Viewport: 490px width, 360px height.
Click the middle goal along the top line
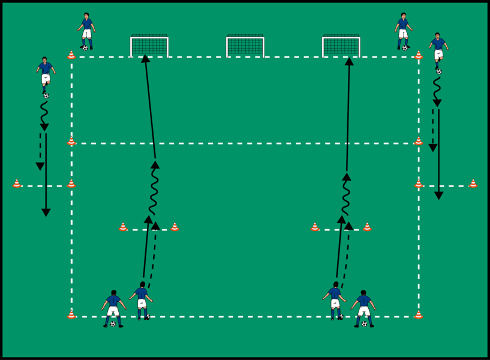pyautogui.click(x=245, y=47)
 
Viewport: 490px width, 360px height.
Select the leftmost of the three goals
pyautogui.click(x=149, y=47)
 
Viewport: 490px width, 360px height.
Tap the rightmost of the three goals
pyautogui.click(x=341, y=47)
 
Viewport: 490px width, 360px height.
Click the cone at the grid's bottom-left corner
pyautogui.click(x=71, y=314)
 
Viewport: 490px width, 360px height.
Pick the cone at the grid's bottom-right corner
pyautogui.click(x=419, y=314)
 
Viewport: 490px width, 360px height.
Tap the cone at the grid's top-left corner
pyautogui.click(x=71, y=55)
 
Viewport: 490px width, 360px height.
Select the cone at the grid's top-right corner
pyautogui.click(x=419, y=55)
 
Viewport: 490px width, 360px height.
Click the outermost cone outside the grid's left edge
pyautogui.click(x=17, y=184)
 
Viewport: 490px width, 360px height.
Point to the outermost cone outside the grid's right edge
pyautogui.click(x=473, y=184)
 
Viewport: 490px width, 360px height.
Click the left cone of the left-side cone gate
pyautogui.click(x=123, y=227)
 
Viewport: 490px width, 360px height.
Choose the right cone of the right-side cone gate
pyautogui.click(x=367, y=227)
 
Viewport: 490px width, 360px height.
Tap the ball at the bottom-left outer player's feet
pyautogui.click(x=113, y=324)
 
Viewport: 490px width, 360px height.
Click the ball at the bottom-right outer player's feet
pyautogui.click(x=364, y=324)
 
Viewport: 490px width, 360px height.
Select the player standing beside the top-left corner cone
pyautogui.click(x=87, y=30)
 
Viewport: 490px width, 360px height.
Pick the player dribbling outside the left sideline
pyautogui.click(x=46, y=75)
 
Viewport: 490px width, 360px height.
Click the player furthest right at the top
pyautogui.click(x=438, y=51)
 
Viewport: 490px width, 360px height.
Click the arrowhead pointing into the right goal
pyautogui.click(x=349, y=61)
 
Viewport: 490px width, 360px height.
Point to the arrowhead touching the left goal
pyautogui.click(x=145, y=59)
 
